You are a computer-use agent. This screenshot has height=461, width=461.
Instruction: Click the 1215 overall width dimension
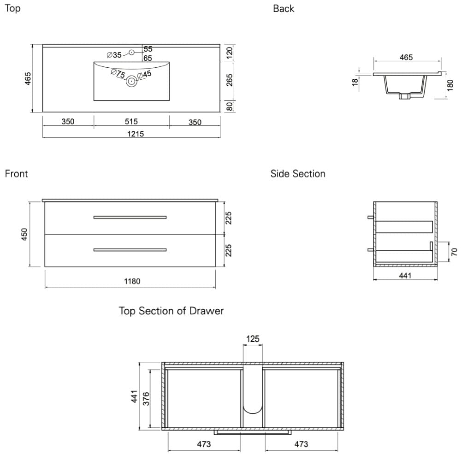coord(136,134)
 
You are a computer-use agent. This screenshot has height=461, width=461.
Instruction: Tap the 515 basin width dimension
coord(131,122)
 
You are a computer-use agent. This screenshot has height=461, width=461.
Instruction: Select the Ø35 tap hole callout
coord(114,55)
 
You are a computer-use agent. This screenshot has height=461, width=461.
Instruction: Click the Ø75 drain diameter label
coord(118,74)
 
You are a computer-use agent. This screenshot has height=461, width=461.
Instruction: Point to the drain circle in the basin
coord(131,81)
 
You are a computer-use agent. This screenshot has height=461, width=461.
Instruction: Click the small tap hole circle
coord(131,53)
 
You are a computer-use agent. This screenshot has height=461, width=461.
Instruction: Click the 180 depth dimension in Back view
coord(451,84)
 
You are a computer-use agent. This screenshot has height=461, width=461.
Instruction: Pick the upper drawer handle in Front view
coord(130,217)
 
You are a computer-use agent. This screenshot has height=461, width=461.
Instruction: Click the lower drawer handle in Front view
coord(130,250)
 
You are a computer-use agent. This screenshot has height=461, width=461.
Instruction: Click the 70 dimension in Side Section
coord(454,252)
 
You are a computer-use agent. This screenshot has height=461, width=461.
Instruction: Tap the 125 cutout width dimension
coord(253,339)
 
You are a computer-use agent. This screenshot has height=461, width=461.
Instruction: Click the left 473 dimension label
coord(203,444)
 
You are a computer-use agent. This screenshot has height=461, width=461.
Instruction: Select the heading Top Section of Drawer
coord(171,311)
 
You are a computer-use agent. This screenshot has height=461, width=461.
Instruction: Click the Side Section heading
coord(298,174)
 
